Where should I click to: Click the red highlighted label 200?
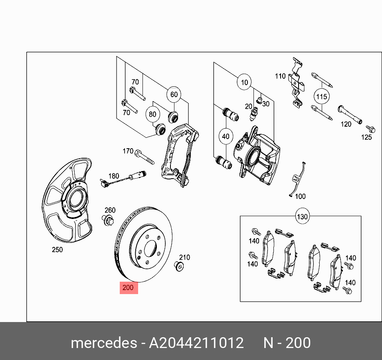point(129,288)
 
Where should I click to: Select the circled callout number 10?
point(244,83)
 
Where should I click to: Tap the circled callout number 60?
point(174,95)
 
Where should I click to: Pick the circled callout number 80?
point(152,114)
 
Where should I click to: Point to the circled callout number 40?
point(226,136)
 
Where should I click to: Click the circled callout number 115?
point(321,97)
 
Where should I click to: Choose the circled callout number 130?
point(302,217)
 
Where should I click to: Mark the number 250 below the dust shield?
point(57,250)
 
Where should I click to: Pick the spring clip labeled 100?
point(297,180)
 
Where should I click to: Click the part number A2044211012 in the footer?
point(196,343)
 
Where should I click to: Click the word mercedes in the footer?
point(103,343)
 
